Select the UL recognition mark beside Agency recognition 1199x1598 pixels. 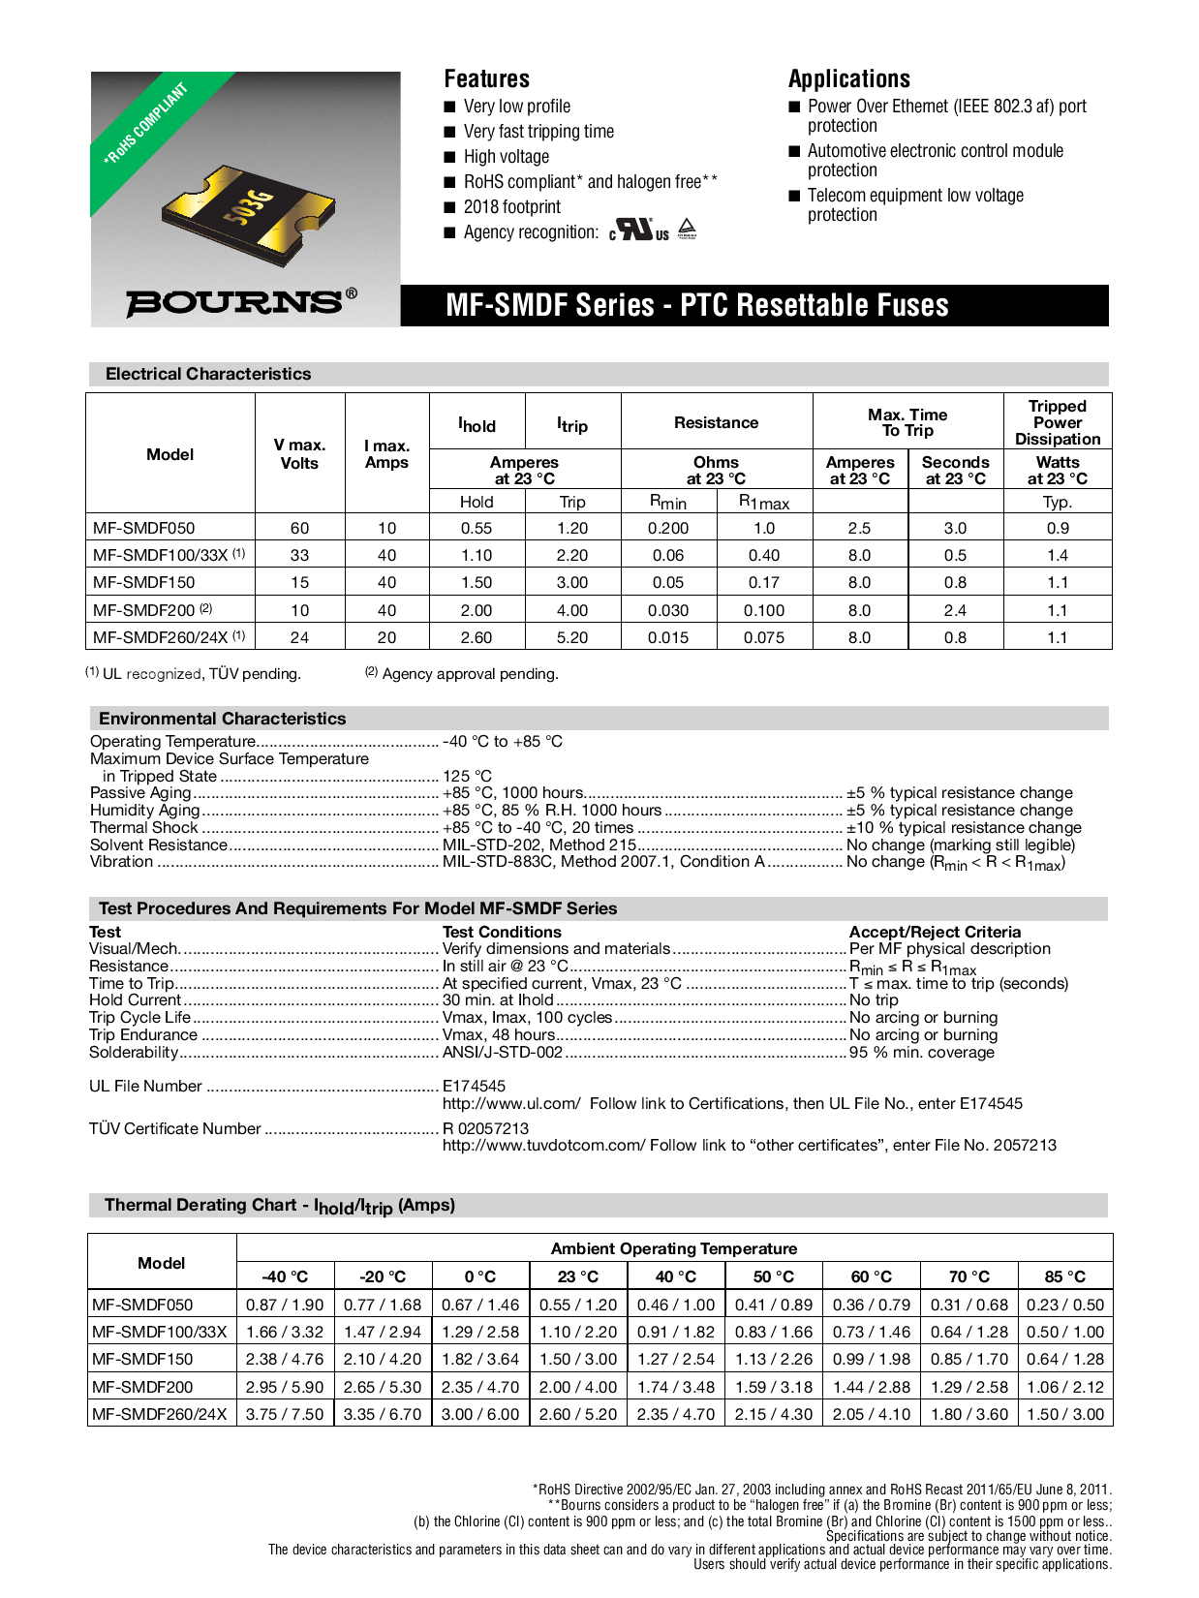pyautogui.click(x=639, y=230)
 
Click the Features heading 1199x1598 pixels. pyautogui.click(x=486, y=79)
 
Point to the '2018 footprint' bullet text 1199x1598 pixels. pyautogui.click(x=511, y=207)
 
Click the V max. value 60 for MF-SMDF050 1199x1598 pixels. pyautogui.click(x=299, y=528)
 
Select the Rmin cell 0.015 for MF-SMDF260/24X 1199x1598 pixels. pyautogui.click(x=668, y=637)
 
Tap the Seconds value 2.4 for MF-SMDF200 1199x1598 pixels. pyautogui.click(x=955, y=610)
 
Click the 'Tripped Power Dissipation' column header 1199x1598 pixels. pyautogui.click(x=1057, y=422)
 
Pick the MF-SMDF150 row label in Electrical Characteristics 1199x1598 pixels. pyautogui.click(x=143, y=582)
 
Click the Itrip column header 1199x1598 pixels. pyautogui.click(x=572, y=424)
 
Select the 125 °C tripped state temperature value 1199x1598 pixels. pyautogui.click(x=467, y=776)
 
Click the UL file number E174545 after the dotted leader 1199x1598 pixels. pyautogui.click(x=474, y=1086)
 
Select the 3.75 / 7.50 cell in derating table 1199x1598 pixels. pyautogui.click(x=285, y=1414)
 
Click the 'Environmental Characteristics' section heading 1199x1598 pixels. pyautogui.click(x=222, y=719)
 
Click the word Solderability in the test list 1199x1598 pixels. pyautogui.click(x=134, y=1052)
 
